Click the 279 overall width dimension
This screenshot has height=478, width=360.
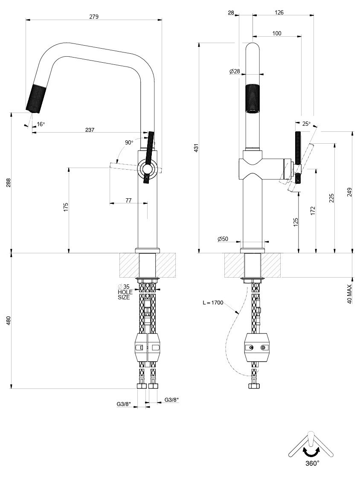(94, 17)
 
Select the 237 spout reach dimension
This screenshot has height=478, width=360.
(90, 130)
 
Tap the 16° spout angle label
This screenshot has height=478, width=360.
(41, 125)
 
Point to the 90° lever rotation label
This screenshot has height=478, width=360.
(129, 142)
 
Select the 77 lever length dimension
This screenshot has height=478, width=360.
(128, 200)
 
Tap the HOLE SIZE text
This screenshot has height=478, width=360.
(124, 295)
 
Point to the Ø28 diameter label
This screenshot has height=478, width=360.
(235, 72)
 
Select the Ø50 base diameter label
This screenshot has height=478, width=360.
(223, 240)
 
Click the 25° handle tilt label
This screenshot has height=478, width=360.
(306, 124)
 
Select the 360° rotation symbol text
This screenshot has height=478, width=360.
(312, 463)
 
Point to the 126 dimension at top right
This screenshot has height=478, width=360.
(279, 13)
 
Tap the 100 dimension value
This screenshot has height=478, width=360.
(276, 33)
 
